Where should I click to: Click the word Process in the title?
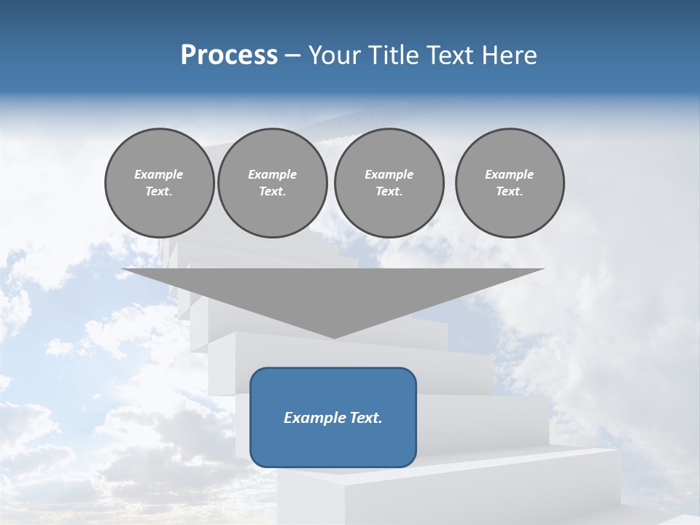pos(229,55)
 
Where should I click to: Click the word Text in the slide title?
pos(452,55)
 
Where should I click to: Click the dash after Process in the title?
pos(292,56)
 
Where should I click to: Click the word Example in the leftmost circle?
pos(159,174)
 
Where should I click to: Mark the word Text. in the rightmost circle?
pos(510,192)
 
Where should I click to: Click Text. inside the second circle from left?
pos(273,192)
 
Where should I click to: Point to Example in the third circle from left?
pos(389,174)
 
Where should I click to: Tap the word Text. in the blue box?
pos(365,418)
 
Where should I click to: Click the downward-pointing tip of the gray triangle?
pos(333,336)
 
